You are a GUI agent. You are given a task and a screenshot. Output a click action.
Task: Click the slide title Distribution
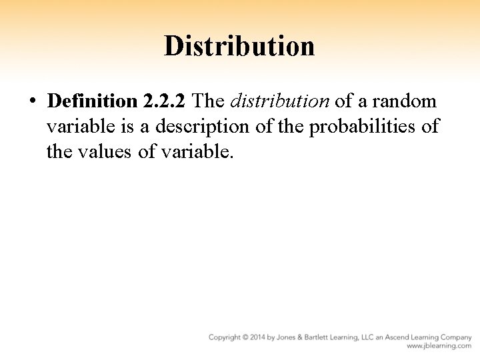tap(239, 46)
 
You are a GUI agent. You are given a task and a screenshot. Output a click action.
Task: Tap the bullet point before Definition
tap(32, 102)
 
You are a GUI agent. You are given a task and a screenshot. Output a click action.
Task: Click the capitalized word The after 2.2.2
tap(211, 101)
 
